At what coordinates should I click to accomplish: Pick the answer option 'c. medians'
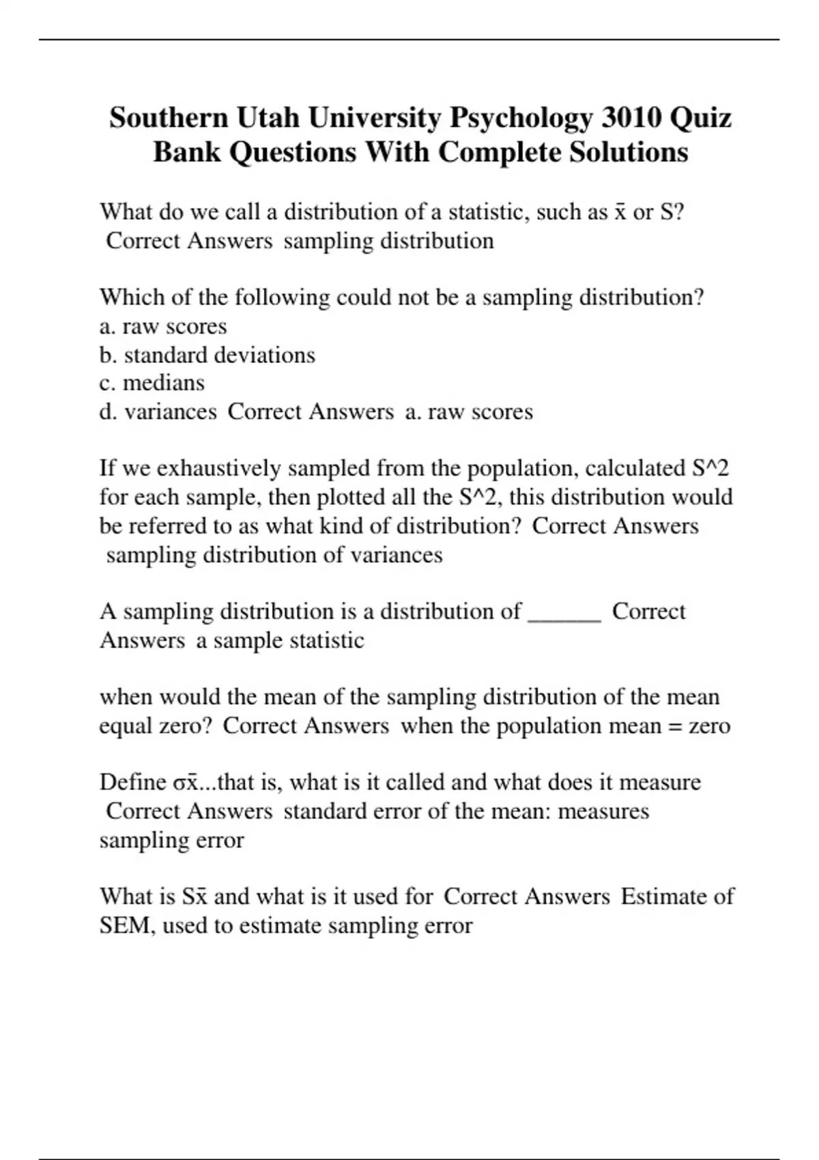(152, 383)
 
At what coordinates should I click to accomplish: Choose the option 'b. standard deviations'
(207, 355)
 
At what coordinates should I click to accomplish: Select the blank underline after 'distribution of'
(564, 612)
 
